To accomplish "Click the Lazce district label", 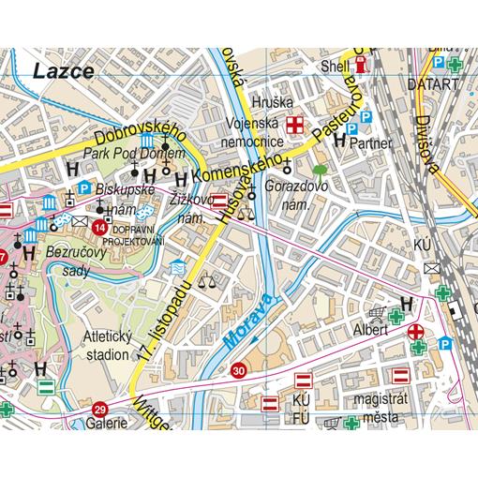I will [62, 70].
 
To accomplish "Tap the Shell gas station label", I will [335, 67].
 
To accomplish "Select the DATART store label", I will [434, 83].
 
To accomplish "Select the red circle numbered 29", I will [100, 408].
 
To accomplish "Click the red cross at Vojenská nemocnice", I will [295, 124].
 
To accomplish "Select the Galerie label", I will [109, 424].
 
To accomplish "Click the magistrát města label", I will [384, 408].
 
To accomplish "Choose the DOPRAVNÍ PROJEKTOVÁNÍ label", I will [138, 235].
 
